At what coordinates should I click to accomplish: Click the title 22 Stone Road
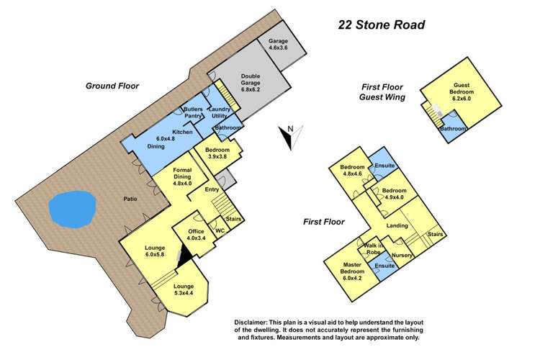[x=382, y=24]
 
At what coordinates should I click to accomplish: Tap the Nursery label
[x=401, y=254]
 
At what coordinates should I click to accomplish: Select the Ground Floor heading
[x=112, y=86]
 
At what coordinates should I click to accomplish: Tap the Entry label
[x=211, y=189]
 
